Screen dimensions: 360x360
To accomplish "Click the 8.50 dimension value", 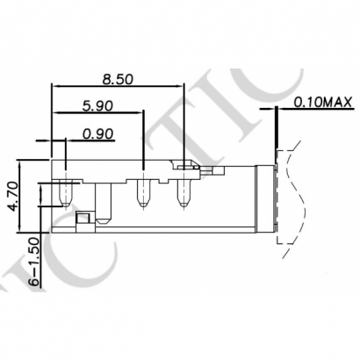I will click(119, 79).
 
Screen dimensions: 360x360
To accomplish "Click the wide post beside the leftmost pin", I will click(104, 201).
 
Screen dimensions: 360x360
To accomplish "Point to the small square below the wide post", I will click(83, 218).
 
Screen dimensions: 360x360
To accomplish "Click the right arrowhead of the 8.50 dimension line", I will click(183, 86).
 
